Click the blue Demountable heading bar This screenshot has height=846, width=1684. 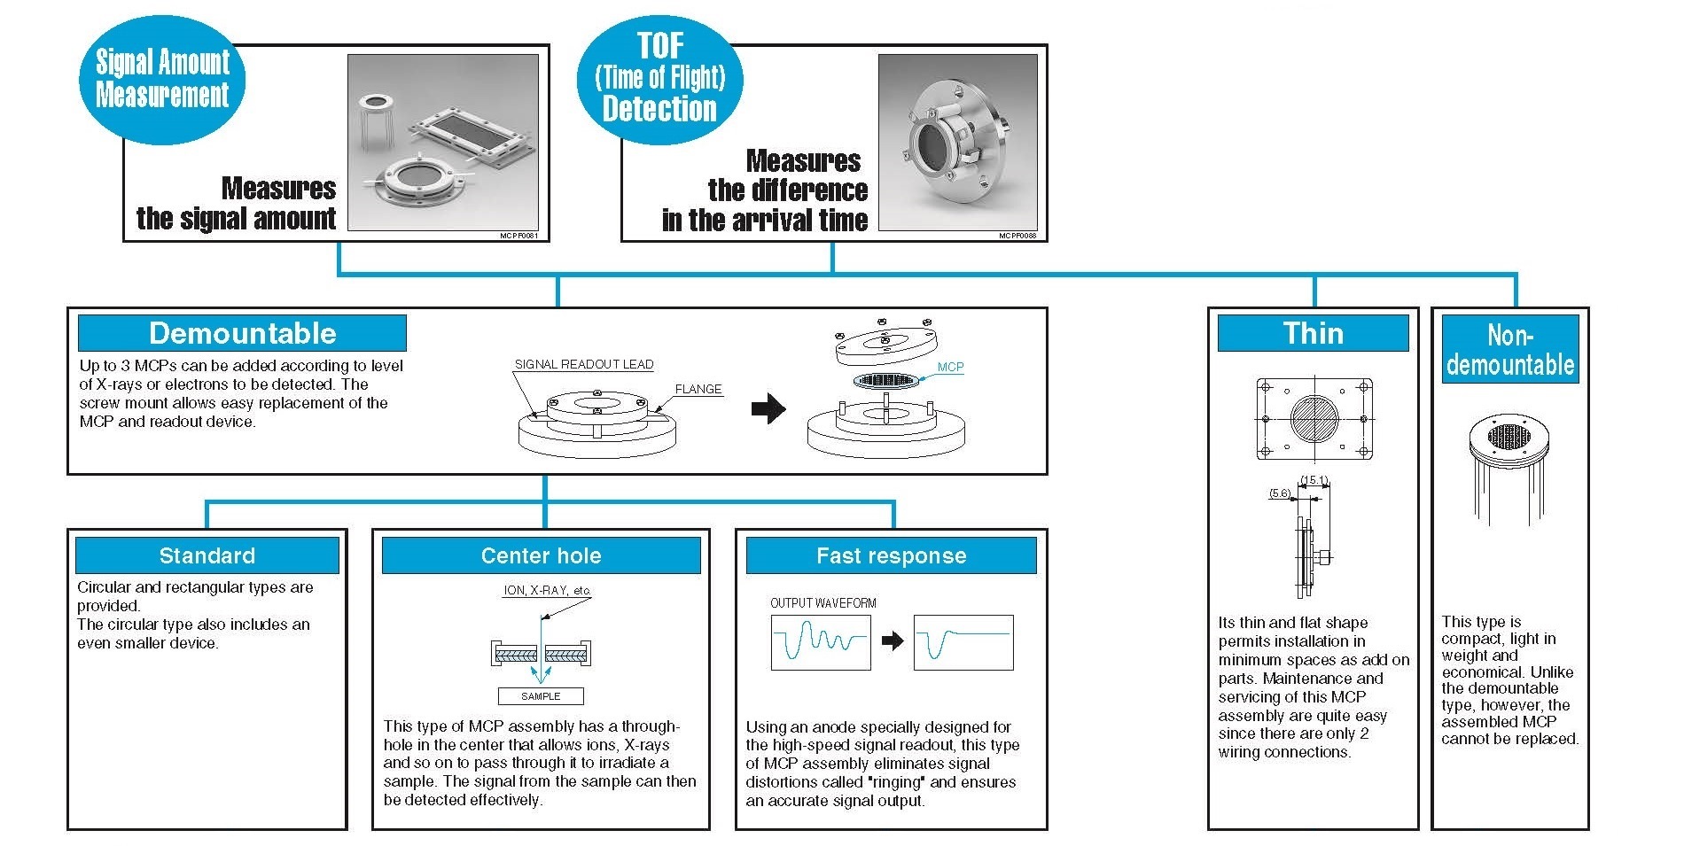pyautogui.click(x=242, y=333)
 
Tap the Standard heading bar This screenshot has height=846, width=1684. pyautogui.click(x=207, y=555)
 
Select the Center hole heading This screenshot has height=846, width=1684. pyautogui.click(x=541, y=555)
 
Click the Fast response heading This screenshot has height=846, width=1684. pyautogui.click(x=891, y=555)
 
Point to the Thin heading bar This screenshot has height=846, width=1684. pyautogui.click(x=1313, y=333)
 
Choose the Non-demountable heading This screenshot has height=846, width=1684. pyautogui.click(x=1510, y=349)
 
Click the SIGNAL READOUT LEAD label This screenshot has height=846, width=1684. pyautogui.click(x=583, y=364)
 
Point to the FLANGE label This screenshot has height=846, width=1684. pyautogui.click(x=698, y=389)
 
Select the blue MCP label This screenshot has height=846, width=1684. pyautogui.click(x=950, y=367)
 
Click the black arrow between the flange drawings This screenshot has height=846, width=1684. pyautogui.click(x=768, y=408)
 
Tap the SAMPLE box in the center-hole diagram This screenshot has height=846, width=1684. pyautogui.click(x=541, y=696)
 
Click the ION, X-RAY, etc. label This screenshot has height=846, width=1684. pyautogui.click(x=547, y=590)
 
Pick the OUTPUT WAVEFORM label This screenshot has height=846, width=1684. pyautogui.click(x=823, y=603)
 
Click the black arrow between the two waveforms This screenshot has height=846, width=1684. pyautogui.click(x=893, y=640)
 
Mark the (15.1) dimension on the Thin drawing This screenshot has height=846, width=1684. pyautogui.click(x=1314, y=481)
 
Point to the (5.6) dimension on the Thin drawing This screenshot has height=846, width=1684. pyautogui.click(x=1279, y=493)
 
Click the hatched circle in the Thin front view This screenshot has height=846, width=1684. pyautogui.click(x=1314, y=418)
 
